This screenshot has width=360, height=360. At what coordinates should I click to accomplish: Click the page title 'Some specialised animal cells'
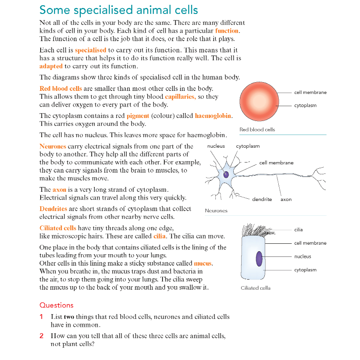118,10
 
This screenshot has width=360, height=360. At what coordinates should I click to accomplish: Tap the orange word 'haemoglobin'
213,116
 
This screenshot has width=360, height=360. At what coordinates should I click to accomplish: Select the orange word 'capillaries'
180,97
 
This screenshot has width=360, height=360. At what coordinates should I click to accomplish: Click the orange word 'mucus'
203,263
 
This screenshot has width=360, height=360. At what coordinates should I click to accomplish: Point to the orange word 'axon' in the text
59,190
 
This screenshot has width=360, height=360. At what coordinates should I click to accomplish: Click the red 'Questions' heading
56,305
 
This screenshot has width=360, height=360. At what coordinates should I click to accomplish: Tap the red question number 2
42,336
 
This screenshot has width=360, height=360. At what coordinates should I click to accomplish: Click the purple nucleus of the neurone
226,174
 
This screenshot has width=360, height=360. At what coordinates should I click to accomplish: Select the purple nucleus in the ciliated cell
259,259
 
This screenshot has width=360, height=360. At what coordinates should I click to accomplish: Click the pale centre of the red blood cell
259,101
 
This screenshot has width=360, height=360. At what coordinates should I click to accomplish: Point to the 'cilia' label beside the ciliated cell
298,230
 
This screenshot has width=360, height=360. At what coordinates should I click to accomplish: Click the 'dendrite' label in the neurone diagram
262,199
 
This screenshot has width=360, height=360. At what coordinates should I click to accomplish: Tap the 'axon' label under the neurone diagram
286,200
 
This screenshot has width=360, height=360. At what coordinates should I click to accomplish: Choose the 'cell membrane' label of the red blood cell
310,92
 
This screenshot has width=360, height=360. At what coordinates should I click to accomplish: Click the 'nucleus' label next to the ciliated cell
303,256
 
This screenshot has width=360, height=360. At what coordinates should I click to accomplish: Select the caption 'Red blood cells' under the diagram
257,129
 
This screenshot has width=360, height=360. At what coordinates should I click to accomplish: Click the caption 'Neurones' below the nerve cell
216,211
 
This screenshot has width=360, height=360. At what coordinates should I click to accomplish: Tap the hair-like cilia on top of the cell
258,230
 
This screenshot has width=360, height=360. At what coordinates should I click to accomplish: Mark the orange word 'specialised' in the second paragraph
90,50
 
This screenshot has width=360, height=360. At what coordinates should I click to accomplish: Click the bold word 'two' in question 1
69,317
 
